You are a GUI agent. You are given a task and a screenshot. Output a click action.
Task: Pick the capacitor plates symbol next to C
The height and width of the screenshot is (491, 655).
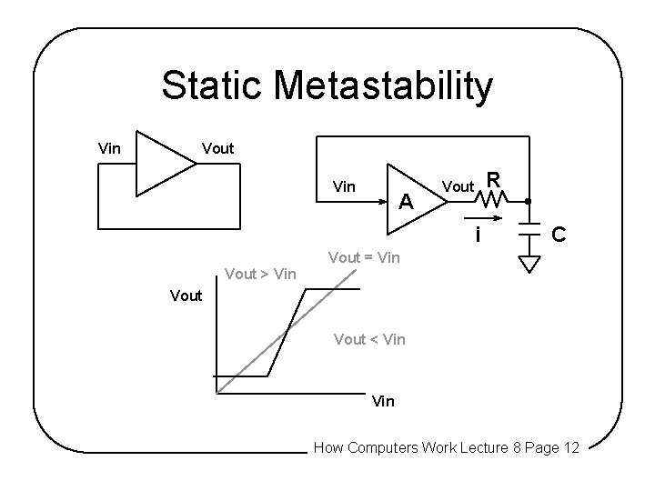pos(527,233)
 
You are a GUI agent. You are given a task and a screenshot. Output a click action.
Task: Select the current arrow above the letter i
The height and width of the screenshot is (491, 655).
pos(485,218)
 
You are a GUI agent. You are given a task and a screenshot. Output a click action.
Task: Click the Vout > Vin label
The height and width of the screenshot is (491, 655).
pos(260,273)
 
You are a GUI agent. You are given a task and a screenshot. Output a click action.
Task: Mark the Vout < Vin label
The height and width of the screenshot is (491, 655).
pos(369,339)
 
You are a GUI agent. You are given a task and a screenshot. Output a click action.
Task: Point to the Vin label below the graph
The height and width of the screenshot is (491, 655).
pos(384,401)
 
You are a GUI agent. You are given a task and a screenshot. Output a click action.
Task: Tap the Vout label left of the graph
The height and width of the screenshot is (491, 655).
pos(186,296)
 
